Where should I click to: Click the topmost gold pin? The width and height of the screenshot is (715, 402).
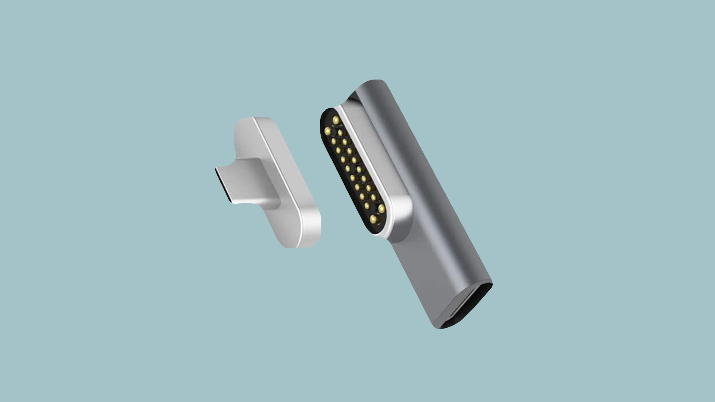tap(336, 120)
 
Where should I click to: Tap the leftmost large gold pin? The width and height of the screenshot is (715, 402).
tap(328, 131)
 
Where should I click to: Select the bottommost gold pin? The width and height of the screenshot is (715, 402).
tap(374, 219)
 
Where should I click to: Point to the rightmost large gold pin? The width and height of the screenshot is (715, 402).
tap(381, 208)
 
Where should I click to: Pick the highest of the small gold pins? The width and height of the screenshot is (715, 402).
tap(340, 133)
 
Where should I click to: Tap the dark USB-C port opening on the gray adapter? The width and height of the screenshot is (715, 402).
tap(469, 307)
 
